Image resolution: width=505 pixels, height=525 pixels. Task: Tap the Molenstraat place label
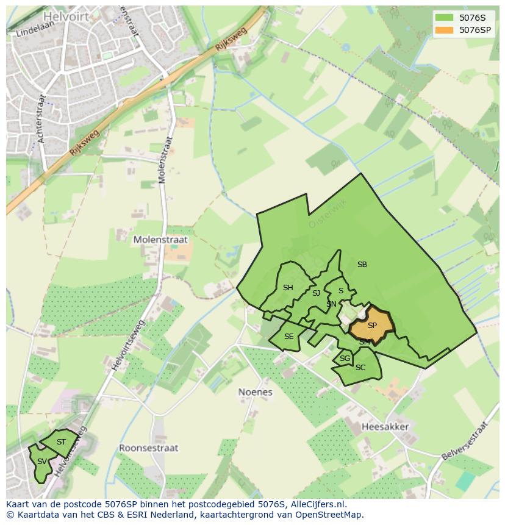click(160, 240)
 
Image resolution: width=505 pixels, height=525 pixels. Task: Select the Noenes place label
click(255, 392)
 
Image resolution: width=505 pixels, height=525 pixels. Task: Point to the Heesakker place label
click(385, 427)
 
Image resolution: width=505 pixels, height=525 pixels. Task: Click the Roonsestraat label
click(148, 448)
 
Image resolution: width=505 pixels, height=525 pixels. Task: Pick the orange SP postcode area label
click(372, 326)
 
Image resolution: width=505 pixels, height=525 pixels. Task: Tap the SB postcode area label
click(362, 265)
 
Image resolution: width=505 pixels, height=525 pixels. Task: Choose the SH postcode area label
click(288, 288)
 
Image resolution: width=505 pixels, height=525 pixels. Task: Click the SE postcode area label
click(288, 337)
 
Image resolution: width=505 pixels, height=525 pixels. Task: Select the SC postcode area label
click(360, 368)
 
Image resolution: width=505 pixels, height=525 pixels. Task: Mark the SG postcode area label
click(345, 359)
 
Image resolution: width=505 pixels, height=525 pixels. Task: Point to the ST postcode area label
click(61, 442)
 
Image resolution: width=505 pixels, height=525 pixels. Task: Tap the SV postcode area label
click(41, 462)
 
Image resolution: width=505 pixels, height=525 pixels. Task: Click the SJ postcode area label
click(316, 293)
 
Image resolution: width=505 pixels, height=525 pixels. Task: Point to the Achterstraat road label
click(42, 119)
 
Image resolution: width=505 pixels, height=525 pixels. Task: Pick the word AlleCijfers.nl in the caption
click(316, 504)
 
